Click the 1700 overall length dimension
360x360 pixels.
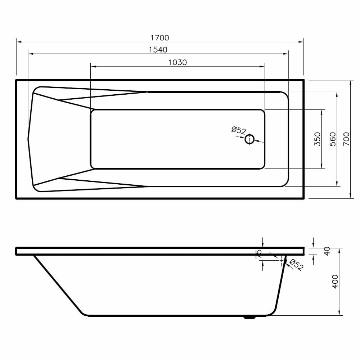point(160,38)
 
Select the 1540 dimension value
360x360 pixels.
point(158,50)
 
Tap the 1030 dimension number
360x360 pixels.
point(177,62)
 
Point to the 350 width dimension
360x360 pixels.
point(317,139)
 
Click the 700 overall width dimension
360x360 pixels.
point(346,139)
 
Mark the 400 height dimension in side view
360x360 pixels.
point(335,282)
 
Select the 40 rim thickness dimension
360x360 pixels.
point(327,251)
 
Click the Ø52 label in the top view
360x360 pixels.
point(238,130)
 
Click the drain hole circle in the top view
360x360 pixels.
point(249,139)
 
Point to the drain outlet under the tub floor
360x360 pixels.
point(249,318)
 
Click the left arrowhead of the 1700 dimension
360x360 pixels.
point(18,42)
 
